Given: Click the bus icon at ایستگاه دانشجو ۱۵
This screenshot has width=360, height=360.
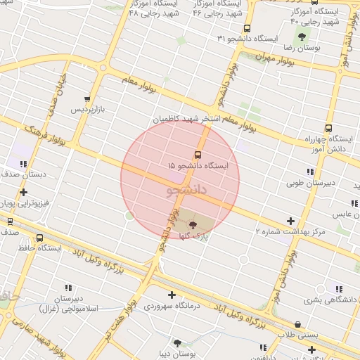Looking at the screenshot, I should coord(197,154).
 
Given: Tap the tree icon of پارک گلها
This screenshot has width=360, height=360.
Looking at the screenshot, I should coord(193,224).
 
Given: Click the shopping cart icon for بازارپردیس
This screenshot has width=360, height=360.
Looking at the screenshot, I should coord(86,100).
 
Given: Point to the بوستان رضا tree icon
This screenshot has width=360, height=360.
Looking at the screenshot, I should coord(302,37).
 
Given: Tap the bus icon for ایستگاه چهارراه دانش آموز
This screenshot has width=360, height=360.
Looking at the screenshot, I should coord(328,128).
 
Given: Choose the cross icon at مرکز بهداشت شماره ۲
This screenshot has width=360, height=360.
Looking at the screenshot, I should coord(291,221).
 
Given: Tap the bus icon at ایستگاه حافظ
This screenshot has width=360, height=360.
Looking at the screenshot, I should coord(39,238).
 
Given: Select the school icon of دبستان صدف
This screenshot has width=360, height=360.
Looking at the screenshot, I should coord(23,163).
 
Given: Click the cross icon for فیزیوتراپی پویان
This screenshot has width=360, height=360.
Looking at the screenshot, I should coord(24,192).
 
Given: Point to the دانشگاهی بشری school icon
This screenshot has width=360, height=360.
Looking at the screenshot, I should coord(340,289).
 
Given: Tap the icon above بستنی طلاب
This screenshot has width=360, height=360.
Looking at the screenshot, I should coord(298,324).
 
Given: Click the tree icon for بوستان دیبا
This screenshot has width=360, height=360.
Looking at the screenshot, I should coord(176,343).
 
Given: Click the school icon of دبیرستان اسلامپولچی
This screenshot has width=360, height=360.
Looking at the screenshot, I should coord(68,288).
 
